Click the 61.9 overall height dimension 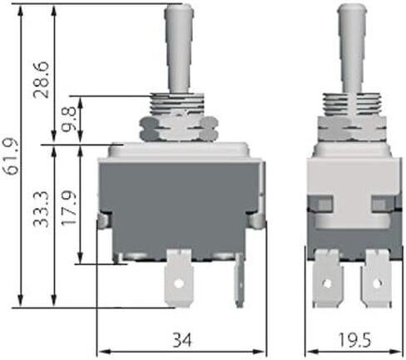tap(13, 156)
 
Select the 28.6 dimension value tap(41, 80)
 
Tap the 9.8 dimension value tap(68, 119)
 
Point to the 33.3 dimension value tap(41, 209)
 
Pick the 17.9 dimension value tap(68, 208)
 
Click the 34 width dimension tap(182, 340)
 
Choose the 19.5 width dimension tap(354, 340)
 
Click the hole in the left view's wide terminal tap(179, 284)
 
